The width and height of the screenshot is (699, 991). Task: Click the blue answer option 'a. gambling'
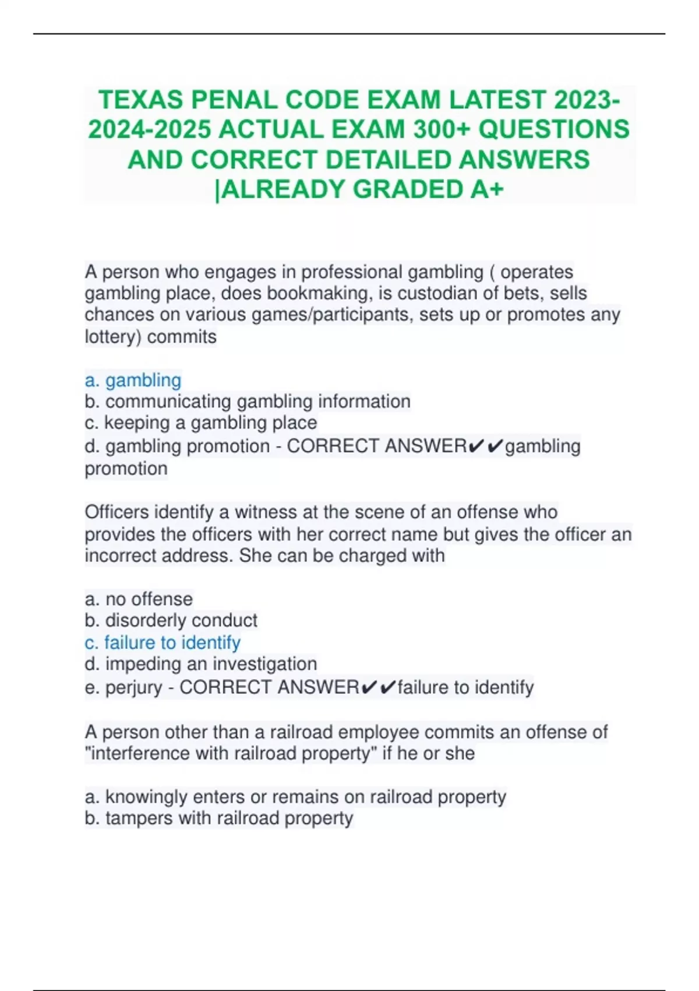coord(133,380)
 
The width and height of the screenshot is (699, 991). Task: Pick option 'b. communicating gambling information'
coord(248,402)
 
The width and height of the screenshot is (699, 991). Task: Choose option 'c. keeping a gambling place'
coord(201,423)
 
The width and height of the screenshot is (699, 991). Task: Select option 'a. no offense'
coord(139,599)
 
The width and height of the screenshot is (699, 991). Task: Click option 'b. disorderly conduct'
coord(171,620)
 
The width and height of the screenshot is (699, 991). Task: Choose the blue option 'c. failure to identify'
coord(163,642)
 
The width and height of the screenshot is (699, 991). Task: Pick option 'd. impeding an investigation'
coord(201,664)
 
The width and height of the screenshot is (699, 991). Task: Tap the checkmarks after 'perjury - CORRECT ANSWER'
coord(378,687)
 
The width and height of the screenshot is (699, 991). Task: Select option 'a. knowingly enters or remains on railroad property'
coord(295,797)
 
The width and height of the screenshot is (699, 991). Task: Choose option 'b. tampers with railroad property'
coord(219,818)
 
